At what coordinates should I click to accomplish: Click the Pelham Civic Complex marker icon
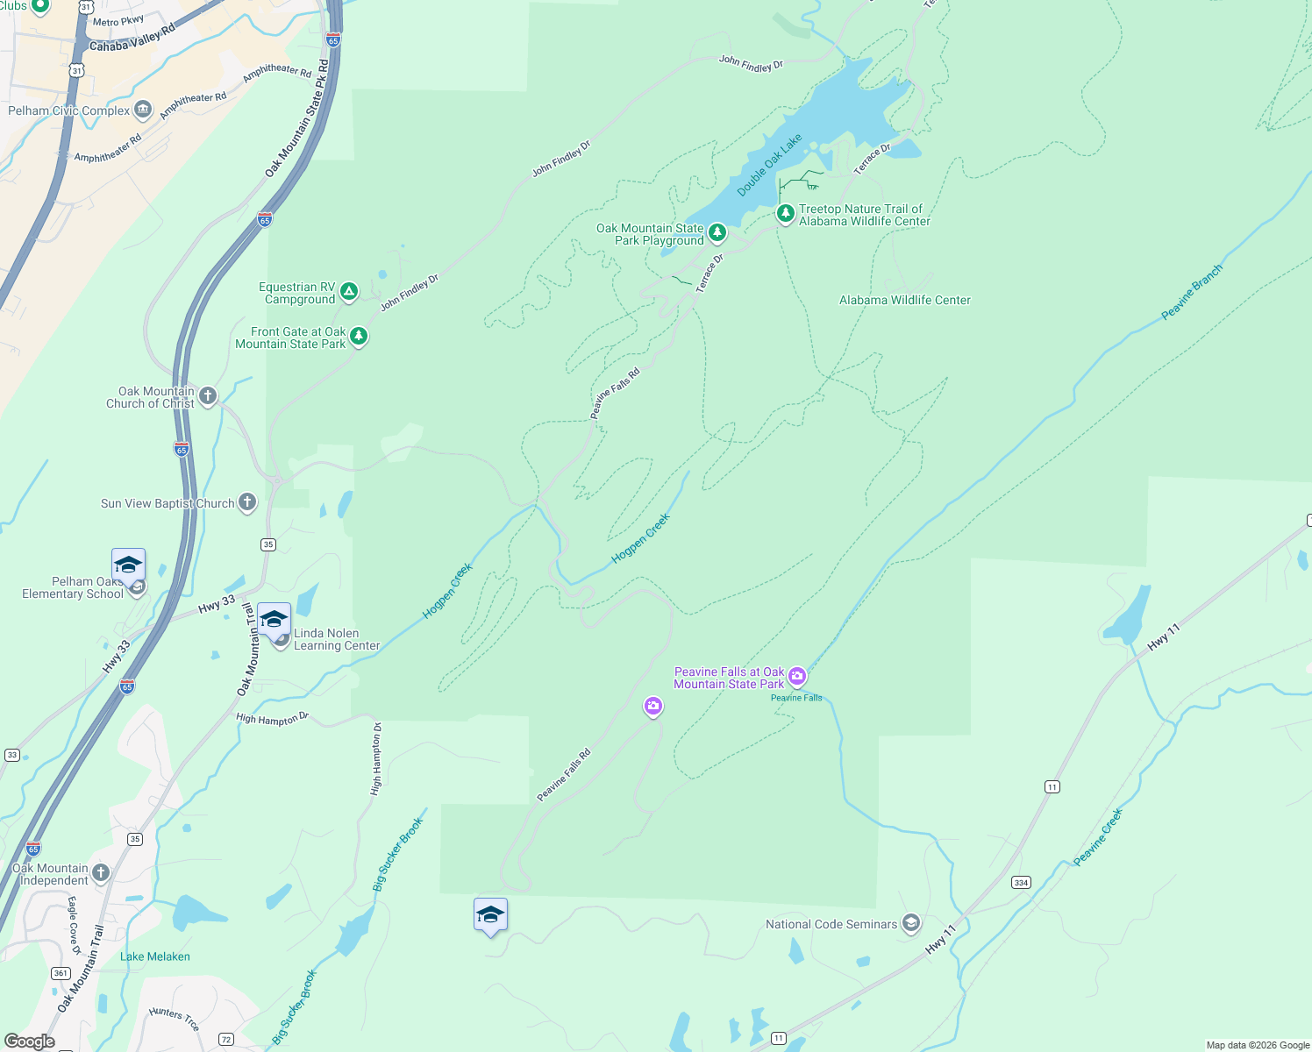pos(143,110)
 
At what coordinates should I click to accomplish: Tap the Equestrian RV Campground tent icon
pos(349,292)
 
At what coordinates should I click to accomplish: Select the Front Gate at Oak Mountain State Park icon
pos(359,337)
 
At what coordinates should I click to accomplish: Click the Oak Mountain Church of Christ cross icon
pos(208,396)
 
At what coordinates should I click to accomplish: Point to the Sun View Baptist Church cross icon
pos(247,502)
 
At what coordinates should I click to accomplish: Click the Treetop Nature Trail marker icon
pos(786,213)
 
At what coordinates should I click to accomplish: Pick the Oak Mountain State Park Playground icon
pos(717,232)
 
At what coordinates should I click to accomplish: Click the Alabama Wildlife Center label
pos(905,300)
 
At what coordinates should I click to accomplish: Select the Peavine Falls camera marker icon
pos(797,676)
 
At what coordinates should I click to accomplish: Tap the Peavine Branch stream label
pos(1191,293)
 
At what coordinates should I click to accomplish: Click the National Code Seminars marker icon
pos(911,923)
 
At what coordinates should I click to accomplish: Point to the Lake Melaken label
pos(155,956)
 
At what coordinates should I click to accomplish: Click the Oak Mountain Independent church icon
pos(101,872)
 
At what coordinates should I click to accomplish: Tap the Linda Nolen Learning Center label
pos(337,639)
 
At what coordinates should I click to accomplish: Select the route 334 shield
pos(1021,883)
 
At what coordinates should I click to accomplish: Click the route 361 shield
pos(61,973)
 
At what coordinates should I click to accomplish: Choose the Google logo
pos(30,1041)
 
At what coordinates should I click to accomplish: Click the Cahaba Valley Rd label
pos(132,39)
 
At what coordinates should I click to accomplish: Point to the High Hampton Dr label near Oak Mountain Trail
pos(272,719)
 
